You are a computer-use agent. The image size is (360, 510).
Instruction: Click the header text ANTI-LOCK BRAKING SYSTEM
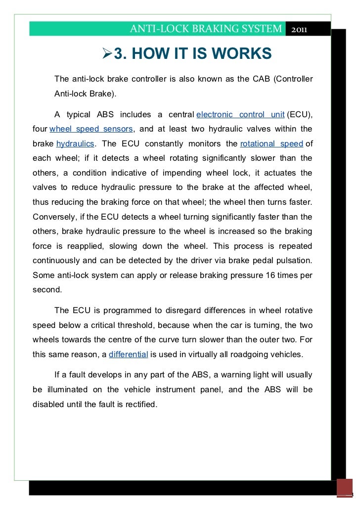click(x=205, y=29)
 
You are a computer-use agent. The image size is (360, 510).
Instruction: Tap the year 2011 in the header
click(x=299, y=29)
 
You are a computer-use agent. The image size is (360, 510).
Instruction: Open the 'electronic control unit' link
click(x=240, y=115)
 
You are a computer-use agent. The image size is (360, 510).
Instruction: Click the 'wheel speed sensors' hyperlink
click(x=91, y=129)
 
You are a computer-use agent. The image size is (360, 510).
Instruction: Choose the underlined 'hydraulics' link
click(x=75, y=144)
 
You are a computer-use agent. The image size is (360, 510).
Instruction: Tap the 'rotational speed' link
click(x=271, y=144)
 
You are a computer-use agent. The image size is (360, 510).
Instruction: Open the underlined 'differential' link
click(x=129, y=354)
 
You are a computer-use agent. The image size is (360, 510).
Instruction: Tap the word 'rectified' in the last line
click(x=138, y=404)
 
